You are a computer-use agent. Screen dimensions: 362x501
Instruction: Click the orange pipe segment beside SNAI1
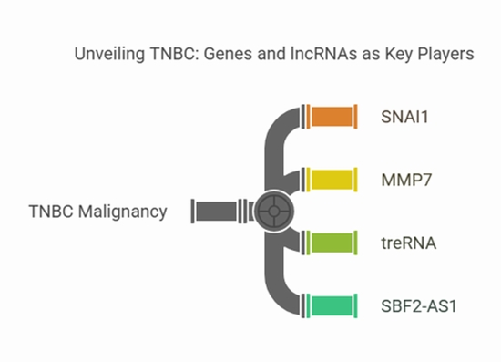(x=333, y=117)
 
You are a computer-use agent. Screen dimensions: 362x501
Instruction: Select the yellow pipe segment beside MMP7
(x=333, y=180)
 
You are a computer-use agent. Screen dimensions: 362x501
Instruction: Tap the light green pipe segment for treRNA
(x=333, y=243)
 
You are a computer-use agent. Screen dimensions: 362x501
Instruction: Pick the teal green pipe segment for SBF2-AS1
(x=333, y=305)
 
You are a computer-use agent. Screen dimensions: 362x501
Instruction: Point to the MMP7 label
(x=405, y=180)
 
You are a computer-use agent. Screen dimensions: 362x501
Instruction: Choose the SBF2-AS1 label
(x=419, y=305)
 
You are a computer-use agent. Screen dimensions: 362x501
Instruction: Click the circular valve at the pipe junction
(x=271, y=212)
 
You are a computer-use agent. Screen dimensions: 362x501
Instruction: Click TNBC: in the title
(x=172, y=55)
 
